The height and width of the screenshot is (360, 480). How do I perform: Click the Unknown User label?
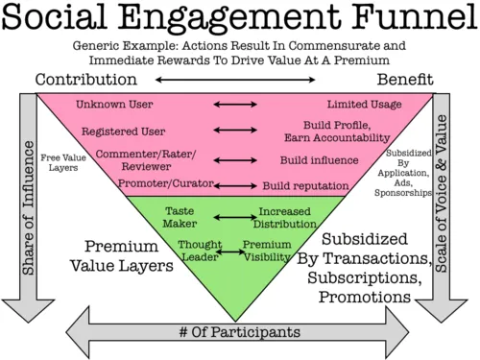(x=114, y=104)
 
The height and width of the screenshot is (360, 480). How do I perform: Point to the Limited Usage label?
(x=360, y=104)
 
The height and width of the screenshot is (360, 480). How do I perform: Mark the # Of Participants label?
(x=239, y=332)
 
